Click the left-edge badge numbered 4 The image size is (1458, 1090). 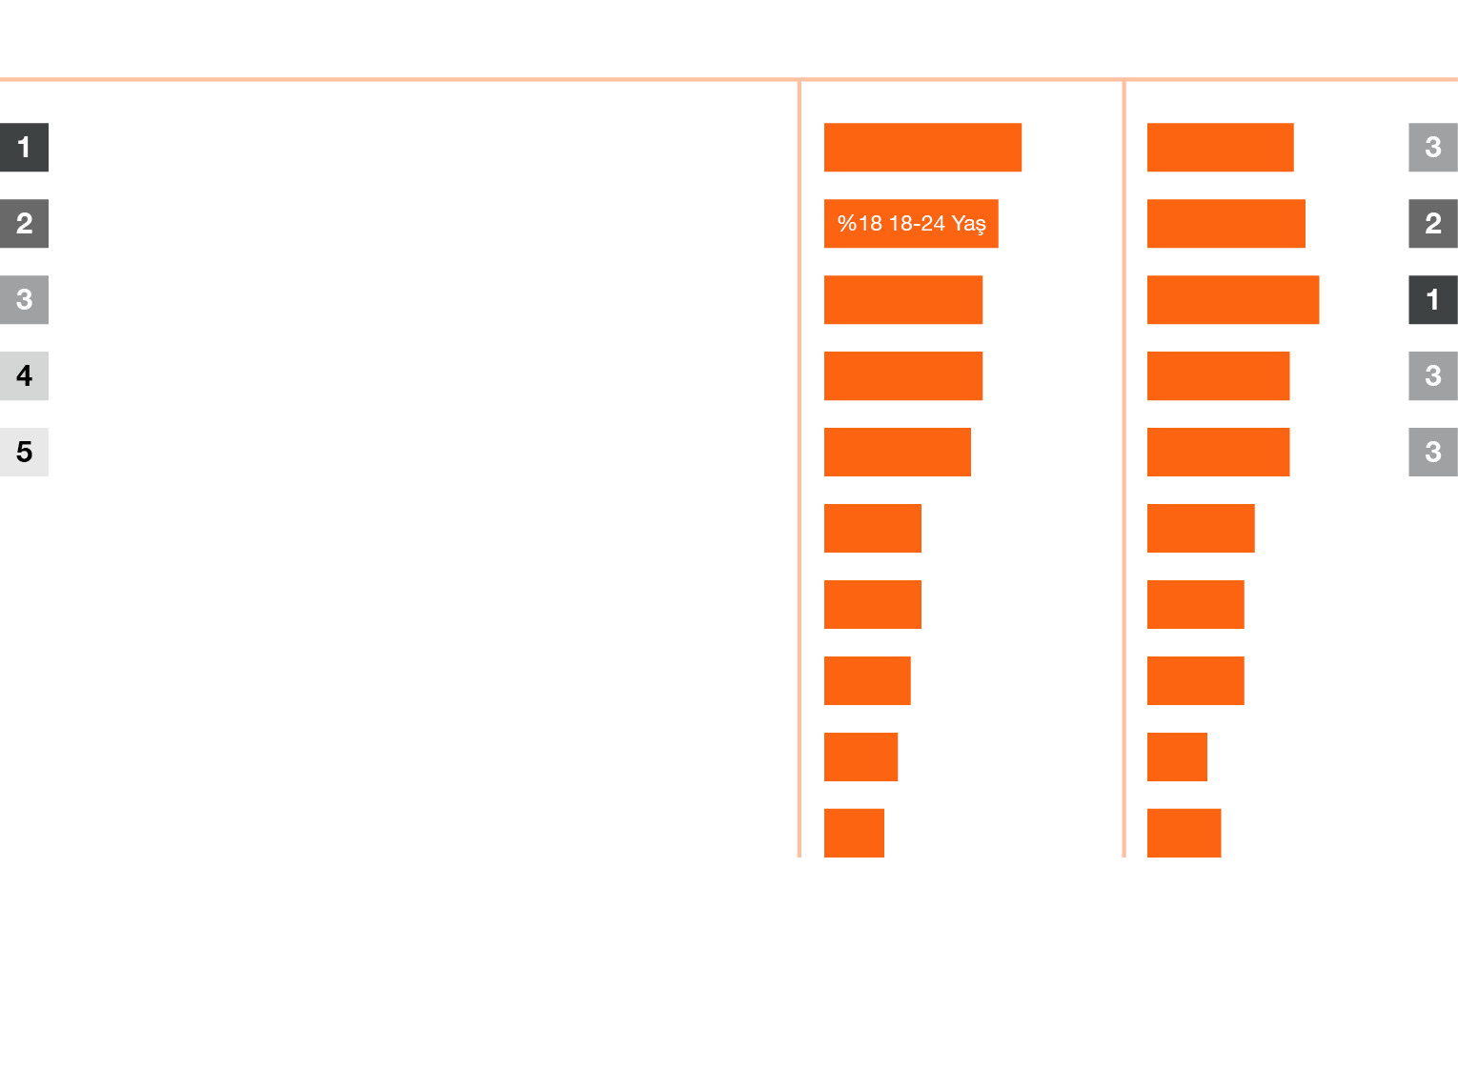pos(24,375)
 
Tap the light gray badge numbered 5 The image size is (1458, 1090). pos(24,452)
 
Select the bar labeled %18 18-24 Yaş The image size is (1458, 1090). pos(911,224)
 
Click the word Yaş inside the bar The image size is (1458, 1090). pos(968,224)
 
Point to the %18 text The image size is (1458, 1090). pos(860,224)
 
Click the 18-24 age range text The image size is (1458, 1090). pos(917,224)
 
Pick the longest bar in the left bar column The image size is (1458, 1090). pos(922,148)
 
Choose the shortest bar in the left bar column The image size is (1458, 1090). pos(854,833)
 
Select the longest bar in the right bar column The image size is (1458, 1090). pos(1233,300)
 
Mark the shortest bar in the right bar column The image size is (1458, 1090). pos(1177,757)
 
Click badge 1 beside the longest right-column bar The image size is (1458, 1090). pos(1433,300)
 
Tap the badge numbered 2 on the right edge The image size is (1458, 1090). pos(1433,224)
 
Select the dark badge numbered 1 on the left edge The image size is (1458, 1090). pos(24,148)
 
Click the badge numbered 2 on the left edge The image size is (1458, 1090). pos(24,224)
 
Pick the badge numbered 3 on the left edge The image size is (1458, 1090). pos(24,300)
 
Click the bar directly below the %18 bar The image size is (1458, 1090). pos(903,300)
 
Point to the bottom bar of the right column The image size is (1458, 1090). pos(1184,833)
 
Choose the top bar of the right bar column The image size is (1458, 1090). pos(1220,148)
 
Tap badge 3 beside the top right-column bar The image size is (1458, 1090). pos(1433,148)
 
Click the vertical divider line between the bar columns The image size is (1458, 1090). pos(1124,469)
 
